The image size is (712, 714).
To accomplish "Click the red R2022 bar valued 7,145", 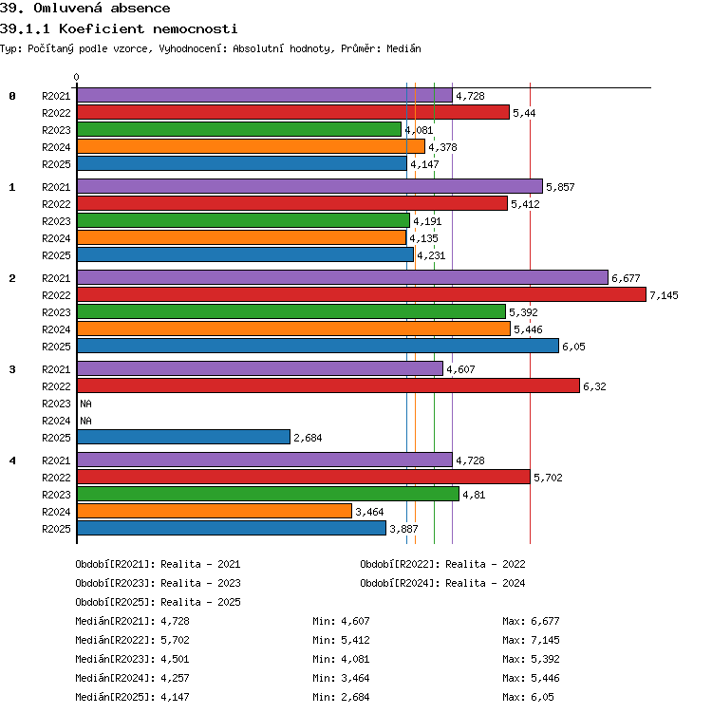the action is (362, 294).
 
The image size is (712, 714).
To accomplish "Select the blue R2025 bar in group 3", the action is (183, 437).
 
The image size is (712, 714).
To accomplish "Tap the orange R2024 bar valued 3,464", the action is (215, 511).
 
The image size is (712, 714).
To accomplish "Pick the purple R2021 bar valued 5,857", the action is (310, 186).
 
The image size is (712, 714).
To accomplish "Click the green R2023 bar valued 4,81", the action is (268, 494).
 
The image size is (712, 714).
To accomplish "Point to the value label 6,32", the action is (594, 386).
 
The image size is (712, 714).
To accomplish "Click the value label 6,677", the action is (626, 278).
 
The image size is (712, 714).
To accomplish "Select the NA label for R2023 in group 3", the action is (85, 404).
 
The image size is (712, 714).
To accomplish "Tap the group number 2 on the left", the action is (12, 278).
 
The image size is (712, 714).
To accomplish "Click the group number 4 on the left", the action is (12, 460).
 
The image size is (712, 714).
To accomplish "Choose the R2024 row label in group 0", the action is (56, 147).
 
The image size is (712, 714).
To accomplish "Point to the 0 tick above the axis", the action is (77, 77).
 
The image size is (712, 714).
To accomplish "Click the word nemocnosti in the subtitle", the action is (196, 29).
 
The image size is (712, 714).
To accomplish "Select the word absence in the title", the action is (141, 9).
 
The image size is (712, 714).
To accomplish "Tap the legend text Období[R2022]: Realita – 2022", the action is (442, 564).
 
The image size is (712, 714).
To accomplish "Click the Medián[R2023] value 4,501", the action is (175, 659).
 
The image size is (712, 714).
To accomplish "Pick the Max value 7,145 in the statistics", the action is (545, 640).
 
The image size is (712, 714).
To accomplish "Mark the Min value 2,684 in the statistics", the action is (356, 697).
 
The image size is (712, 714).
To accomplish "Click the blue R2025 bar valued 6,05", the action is (318, 346).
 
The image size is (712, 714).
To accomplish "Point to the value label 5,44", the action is (524, 113).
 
